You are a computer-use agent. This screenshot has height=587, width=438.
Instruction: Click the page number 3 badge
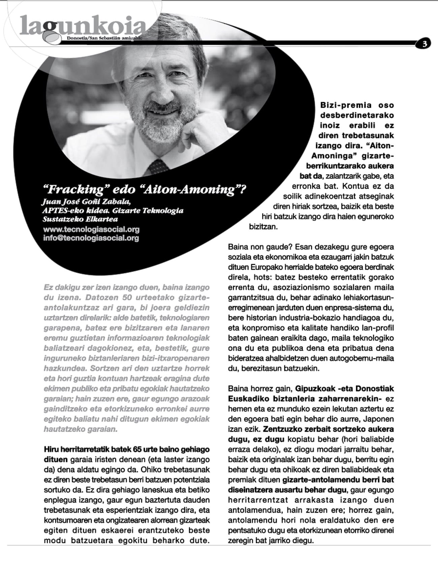coord(424,43)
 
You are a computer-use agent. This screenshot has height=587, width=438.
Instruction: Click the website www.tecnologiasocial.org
coord(91,230)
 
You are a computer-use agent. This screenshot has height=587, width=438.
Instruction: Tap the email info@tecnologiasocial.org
coord(91,238)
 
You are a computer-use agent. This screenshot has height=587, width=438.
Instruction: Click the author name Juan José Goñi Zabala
coord(85,202)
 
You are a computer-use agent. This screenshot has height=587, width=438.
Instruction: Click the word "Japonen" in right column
coord(380,419)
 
